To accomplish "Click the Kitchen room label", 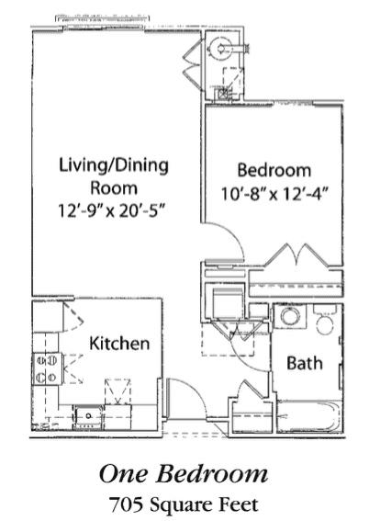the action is pos(119,344).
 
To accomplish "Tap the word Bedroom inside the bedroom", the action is pos(274,170).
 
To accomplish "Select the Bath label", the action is pos(305,363).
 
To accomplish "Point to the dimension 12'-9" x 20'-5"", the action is pos(112,210).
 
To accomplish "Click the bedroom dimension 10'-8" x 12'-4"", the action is pos(274,194).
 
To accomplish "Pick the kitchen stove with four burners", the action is pos(47,368).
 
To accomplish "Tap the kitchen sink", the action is pos(89,417).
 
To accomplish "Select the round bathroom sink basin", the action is pos(290,316).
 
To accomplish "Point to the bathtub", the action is pos(308,417).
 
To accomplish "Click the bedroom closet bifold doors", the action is pos(296,255).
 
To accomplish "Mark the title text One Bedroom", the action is pos(184,473).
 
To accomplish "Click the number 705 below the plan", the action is pos(127,504).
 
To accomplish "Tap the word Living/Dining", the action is pos(114,165).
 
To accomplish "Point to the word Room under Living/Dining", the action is pos(114,187).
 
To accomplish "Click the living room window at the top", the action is pos(104,20).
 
